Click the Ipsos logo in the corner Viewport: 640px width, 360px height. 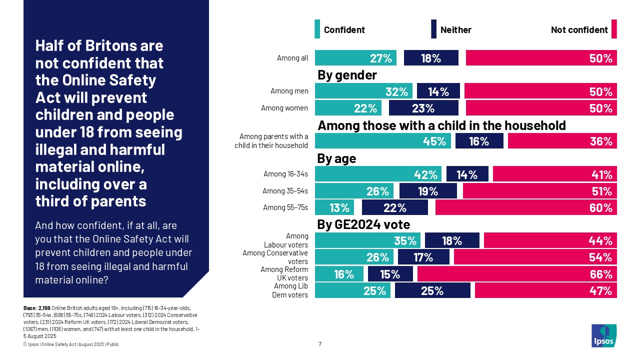pos(604,335)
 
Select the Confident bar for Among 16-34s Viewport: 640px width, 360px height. pos(378,174)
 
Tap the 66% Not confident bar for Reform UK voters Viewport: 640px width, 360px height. pos(517,273)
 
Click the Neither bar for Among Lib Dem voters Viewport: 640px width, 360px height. pos(432,290)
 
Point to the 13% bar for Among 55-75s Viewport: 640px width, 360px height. pos(334,207)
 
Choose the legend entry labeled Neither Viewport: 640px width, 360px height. pos(455,29)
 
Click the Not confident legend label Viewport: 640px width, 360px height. pos(579,29)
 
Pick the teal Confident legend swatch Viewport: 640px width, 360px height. pos(317,29)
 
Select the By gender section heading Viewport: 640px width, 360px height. pos(347,75)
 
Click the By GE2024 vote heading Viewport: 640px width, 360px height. pos(363,224)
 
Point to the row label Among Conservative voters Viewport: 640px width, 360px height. pos(275,257)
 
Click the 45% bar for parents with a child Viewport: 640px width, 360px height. pos(382,141)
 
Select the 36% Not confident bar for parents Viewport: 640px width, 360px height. pos(562,141)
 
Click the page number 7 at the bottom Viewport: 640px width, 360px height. pos(320,344)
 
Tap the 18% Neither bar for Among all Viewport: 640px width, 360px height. pos(431,58)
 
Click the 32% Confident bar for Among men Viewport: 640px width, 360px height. pos(363,91)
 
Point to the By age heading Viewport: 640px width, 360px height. pos(336,158)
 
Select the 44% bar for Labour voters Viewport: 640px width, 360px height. pos(550,240)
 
